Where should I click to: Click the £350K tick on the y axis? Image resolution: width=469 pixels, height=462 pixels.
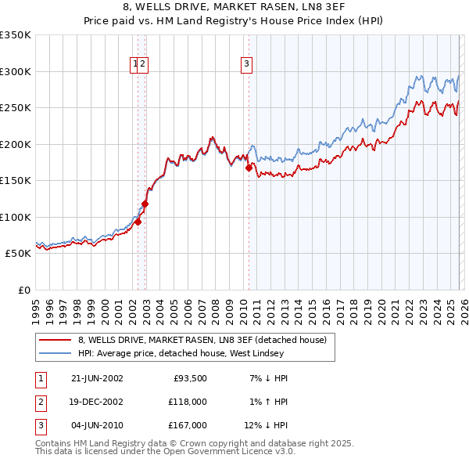(16, 35)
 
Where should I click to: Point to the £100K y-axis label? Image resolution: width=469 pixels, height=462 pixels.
(16, 217)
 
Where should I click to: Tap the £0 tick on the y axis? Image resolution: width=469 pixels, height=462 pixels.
(23, 290)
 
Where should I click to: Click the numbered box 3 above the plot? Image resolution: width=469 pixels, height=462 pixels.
(246, 65)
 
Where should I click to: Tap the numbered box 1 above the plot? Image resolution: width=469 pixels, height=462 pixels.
(135, 65)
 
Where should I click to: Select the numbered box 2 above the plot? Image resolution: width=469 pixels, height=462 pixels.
(144, 65)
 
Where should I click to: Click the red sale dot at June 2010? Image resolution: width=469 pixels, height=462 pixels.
(249, 168)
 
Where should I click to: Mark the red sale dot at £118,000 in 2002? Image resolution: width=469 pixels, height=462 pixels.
(145, 204)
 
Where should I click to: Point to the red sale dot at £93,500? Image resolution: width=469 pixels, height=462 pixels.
(138, 222)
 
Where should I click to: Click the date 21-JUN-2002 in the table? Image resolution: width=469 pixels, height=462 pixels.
(97, 378)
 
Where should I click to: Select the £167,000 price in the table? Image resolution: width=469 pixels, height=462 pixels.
(188, 425)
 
